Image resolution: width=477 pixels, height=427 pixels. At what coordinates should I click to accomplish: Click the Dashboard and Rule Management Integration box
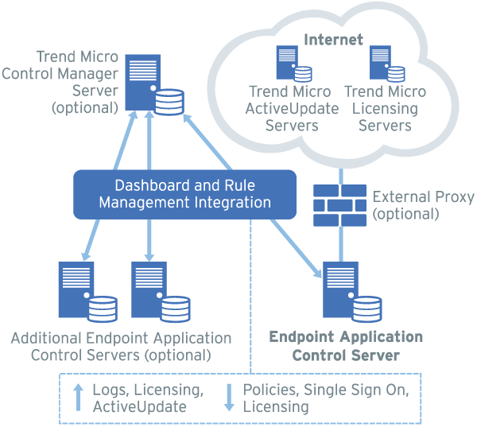(184, 193)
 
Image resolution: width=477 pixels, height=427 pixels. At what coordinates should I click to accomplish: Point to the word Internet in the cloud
(334, 39)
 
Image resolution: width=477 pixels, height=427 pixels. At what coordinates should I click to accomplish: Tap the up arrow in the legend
(79, 397)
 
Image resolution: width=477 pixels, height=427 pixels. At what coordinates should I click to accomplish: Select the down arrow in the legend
(229, 397)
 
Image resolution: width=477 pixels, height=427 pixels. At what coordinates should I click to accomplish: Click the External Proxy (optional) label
(423, 204)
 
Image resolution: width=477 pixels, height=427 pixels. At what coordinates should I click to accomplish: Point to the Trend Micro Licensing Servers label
(386, 108)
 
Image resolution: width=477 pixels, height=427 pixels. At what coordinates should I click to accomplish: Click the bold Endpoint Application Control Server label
(346, 346)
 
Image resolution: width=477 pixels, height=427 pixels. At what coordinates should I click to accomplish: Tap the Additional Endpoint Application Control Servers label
(121, 346)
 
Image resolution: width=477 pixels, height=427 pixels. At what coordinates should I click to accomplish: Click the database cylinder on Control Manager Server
(169, 102)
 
